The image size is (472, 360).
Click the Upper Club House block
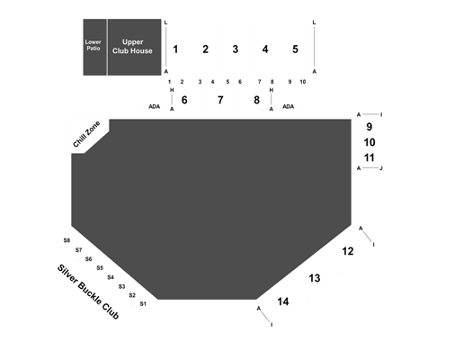pyautogui.click(x=135, y=47)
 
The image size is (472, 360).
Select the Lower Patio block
pyautogui.click(x=94, y=47)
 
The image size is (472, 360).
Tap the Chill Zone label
pyautogui.click(x=86, y=134)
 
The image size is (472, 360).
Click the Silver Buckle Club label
pyautogui.click(x=88, y=292)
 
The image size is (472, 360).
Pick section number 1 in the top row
pyautogui.click(x=175, y=49)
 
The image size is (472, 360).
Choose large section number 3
pyautogui.click(x=235, y=49)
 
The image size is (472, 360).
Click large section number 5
pyautogui.click(x=295, y=49)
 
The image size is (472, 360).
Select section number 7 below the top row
pyautogui.click(x=220, y=100)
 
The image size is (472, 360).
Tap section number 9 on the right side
pyautogui.click(x=369, y=127)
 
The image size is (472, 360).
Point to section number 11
pyautogui.click(x=369, y=157)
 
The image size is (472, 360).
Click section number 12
pyautogui.click(x=348, y=251)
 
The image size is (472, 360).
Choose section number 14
pyautogui.click(x=283, y=301)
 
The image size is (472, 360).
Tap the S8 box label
pyautogui.click(x=67, y=240)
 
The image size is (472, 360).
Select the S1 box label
pyautogui.click(x=143, y=304)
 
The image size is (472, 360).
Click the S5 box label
pyautogui.click(x=100, y=268)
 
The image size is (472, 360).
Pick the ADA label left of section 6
pyautogui.click(x=154, y=106)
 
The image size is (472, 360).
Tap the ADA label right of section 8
pyautogui.click(x=288, y=106)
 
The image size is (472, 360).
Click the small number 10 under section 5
pyautogui.click(x=303, y=82)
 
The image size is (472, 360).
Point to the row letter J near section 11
pyautogui.click(x=381, y=168)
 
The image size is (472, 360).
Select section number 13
pyautogui.click(x=315, y=278)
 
